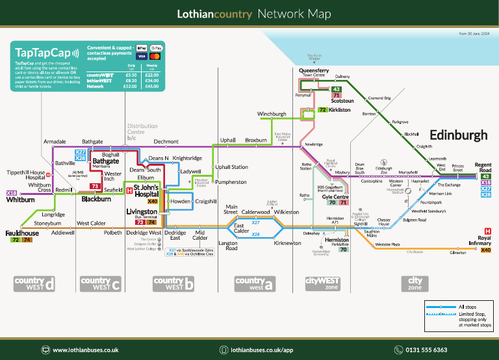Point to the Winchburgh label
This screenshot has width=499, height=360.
[x=272, y=114]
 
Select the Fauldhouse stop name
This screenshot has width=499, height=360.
[x=22, y=233]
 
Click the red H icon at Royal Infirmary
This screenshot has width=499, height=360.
[x=488, y=231]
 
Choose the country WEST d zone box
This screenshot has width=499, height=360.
[x=33, y=283]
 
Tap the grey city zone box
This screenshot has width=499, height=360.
[x=415, y=283]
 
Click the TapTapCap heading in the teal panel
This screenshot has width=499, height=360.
[x=42, y=53]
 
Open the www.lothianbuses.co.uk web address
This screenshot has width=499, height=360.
[x=86, y=350]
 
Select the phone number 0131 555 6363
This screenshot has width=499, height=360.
[x=426, y=350]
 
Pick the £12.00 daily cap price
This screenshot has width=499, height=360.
[x=131, y=86]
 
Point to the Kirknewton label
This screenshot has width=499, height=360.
[x=287, y=242]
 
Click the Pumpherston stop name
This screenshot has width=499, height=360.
[x=231, y=182]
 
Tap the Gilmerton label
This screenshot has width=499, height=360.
[x=458, y=253]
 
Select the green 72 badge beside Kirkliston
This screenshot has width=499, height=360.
[x=323, y=110]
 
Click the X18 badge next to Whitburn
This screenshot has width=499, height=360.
[x=12, y=193]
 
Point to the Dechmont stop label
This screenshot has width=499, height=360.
[x=166, y=141]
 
